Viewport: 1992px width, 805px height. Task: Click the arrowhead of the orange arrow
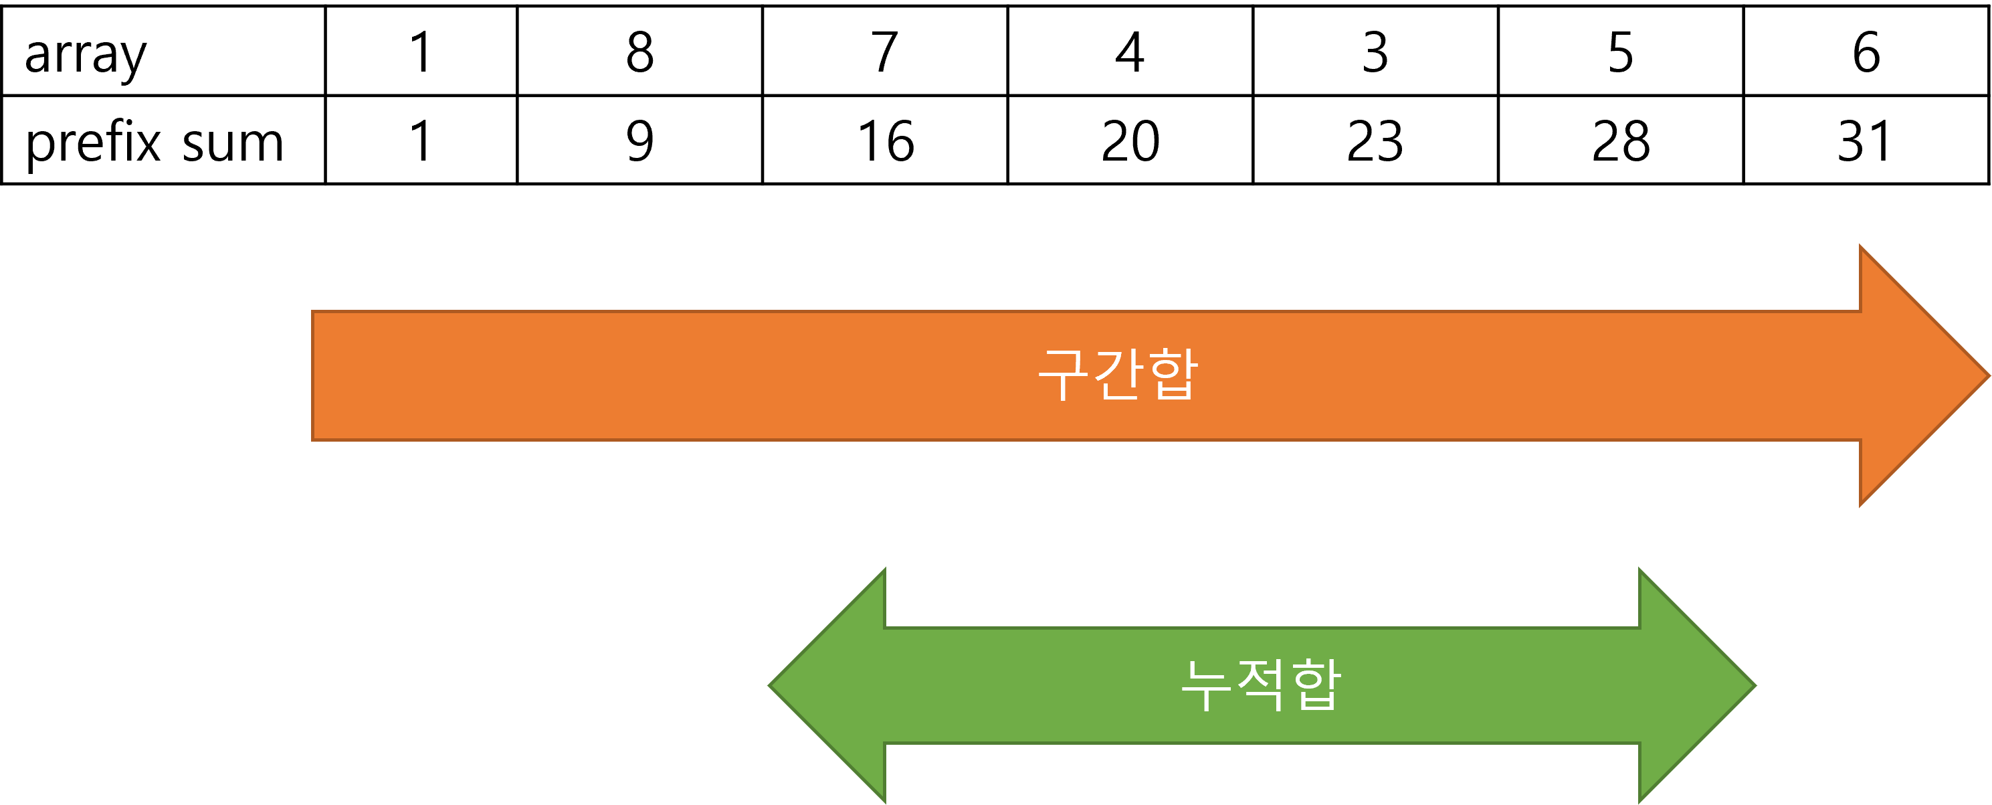1910,376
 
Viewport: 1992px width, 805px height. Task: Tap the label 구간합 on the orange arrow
1118,375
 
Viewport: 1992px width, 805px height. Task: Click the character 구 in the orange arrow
1064,375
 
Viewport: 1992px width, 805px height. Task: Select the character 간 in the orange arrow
1118,375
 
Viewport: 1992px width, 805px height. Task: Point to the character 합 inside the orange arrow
1173,375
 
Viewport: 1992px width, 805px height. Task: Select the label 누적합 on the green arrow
1260,685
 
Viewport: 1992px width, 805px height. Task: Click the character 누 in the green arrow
1206,685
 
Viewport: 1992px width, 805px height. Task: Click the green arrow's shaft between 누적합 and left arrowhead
1029,685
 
